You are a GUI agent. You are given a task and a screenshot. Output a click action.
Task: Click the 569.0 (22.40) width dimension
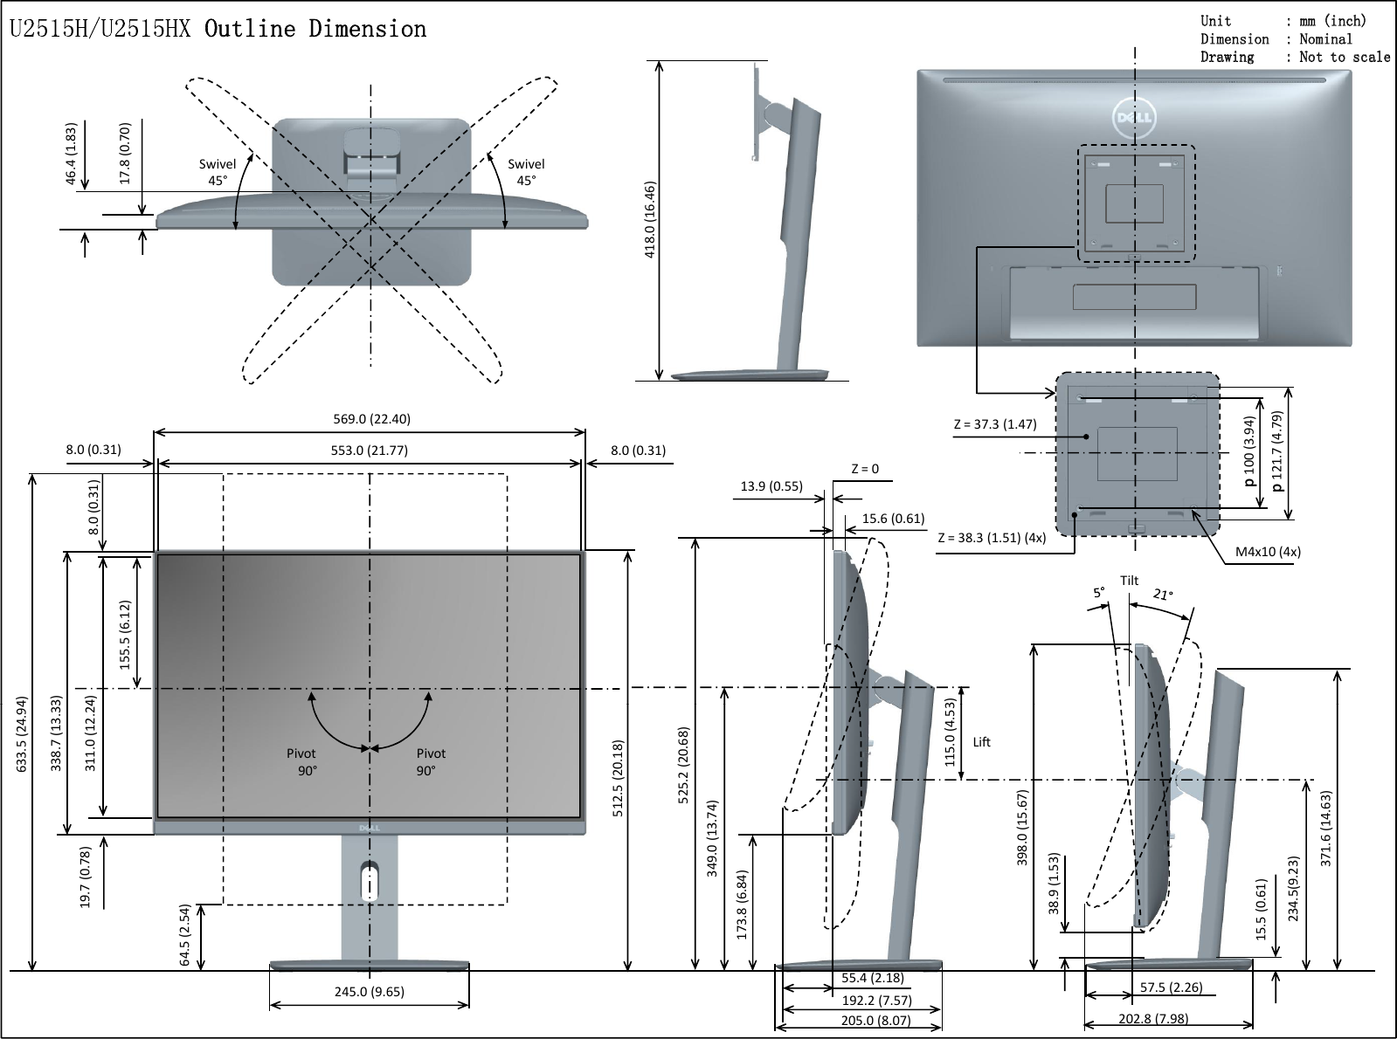tap(371, 419)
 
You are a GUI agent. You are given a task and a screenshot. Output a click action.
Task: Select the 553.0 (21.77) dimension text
tap(369, 451)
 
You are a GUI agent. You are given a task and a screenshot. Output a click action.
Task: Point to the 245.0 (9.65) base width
tap(369, 992)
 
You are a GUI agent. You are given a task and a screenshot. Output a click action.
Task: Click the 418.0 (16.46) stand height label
tap(650, 220)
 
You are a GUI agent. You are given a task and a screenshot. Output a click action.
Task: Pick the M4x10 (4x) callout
tap(1268, 552)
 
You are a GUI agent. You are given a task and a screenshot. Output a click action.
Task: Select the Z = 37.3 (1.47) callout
tap(994, 424)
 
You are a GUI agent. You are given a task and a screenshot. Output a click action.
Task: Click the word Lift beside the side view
tap(981, 742)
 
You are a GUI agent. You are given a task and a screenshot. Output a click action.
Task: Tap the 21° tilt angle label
tap(1163, 595)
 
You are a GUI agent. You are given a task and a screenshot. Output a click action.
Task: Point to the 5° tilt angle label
tap(1099, 592)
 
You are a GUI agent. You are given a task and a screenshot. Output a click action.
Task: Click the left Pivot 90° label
tap(301, 761)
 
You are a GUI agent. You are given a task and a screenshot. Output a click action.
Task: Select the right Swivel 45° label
tap(526, 172)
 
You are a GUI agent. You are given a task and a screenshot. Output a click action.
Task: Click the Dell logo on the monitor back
tap(1134, 117)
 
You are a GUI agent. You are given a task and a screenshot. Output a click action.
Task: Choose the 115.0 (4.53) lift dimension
tap(951, 732)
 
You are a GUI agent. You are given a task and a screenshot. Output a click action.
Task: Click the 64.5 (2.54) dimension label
tap(185, 936)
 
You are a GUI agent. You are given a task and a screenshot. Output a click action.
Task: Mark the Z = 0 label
tap(865, 469)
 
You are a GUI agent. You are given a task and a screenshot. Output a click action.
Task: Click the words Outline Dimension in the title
tap(315, 29)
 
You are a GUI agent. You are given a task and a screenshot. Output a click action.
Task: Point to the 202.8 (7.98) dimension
tap(1153, 1019)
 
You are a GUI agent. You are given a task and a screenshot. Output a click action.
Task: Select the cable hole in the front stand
tap(370, 880)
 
